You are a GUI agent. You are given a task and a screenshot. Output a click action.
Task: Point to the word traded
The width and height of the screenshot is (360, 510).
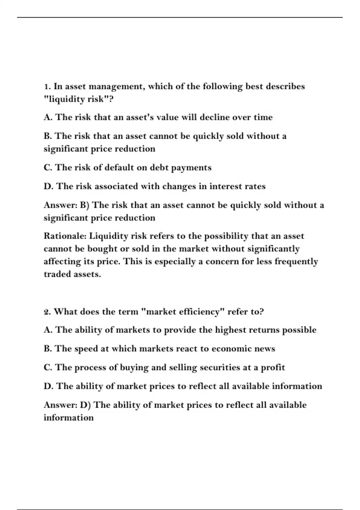[57, 274]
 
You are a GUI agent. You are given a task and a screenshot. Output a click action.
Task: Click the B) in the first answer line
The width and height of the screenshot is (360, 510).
[84, 205]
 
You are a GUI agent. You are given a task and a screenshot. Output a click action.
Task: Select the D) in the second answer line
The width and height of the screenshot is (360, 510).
[85, 405]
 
